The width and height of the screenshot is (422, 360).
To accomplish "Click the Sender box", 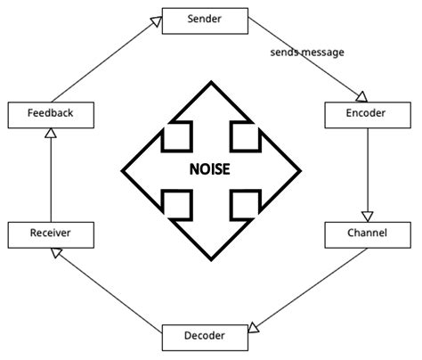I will (x=205, y=19).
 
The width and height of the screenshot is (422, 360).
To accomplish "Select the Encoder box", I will (x=367, y=114).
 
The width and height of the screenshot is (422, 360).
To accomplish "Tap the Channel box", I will (x=367, y=234).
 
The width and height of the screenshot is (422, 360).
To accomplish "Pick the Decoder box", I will (x=205, y=336).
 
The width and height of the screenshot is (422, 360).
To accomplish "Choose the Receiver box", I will (x=50, y=234).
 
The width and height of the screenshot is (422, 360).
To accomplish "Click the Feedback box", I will (x=50, y=114).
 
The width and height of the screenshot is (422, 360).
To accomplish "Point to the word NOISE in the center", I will (x=210, y=169).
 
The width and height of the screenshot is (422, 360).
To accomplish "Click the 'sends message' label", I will (x=307, y=53).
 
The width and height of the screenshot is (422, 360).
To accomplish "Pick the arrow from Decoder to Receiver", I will (x=107, y=287).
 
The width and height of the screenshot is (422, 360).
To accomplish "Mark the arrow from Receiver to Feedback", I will (x=50, y=178).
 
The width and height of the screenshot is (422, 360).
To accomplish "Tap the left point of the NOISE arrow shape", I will (x=121, y=169).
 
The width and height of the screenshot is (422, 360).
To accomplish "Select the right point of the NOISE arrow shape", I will (x=301, y=169).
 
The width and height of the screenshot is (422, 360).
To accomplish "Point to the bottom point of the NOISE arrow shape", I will (x=210, y=259).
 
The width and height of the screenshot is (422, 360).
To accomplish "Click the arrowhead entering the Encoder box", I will (x=361, y=96).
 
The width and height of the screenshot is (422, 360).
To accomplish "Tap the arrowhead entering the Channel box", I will (x=367, y=217).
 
